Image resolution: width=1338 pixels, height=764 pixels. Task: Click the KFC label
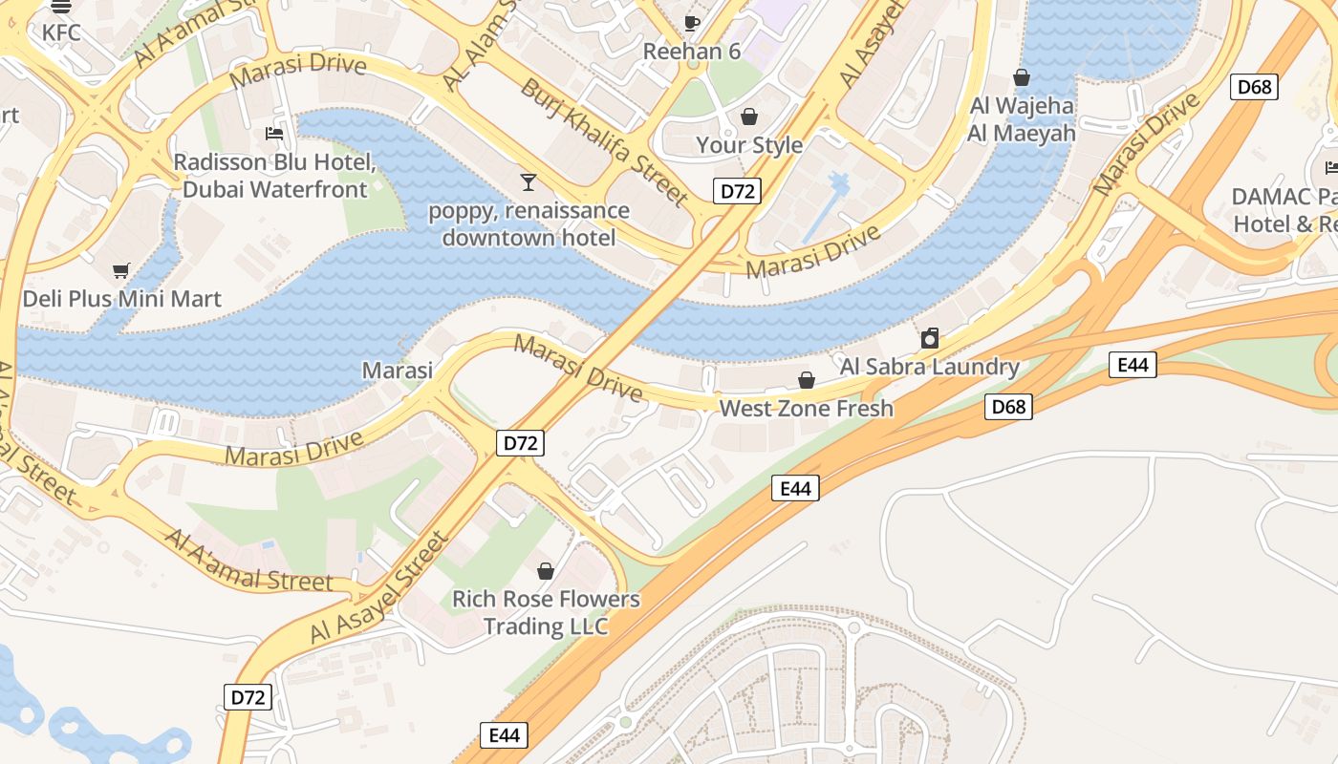point(61,32)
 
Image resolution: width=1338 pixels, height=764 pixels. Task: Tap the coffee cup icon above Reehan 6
point(692,22)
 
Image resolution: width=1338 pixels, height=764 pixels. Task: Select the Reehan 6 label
point(692,52)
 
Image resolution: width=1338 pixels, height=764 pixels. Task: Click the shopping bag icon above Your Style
point(749,117)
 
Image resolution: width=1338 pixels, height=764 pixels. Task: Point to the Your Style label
point(749,145)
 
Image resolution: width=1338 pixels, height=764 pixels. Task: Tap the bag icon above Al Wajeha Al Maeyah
point(1022,77)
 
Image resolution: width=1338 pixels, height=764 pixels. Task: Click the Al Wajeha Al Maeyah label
point(1022,119)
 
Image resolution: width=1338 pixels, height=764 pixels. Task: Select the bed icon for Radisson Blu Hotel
point(274,134)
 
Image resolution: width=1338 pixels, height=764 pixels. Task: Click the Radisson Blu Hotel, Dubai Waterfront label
point(274,176)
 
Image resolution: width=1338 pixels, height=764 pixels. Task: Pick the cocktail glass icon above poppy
point(529,181)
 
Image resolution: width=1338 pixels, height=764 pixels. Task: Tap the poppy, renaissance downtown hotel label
point(529,223)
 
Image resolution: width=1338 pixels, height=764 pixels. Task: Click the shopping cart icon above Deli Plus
point(121,270)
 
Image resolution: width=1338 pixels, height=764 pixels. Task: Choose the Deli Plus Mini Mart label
point(121,299)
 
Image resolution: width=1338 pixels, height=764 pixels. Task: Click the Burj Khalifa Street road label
point(603,142)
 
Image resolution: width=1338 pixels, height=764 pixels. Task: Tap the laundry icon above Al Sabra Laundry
point(929,338)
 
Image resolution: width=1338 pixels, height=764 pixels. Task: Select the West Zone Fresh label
point(806,409)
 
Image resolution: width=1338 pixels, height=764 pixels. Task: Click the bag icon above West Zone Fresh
point(807,380)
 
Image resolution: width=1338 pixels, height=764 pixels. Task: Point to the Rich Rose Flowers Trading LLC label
point(546,612)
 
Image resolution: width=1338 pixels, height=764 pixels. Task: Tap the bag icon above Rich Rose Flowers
point(546,571)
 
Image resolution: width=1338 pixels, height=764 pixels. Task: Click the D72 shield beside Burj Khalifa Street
point(736,191)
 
